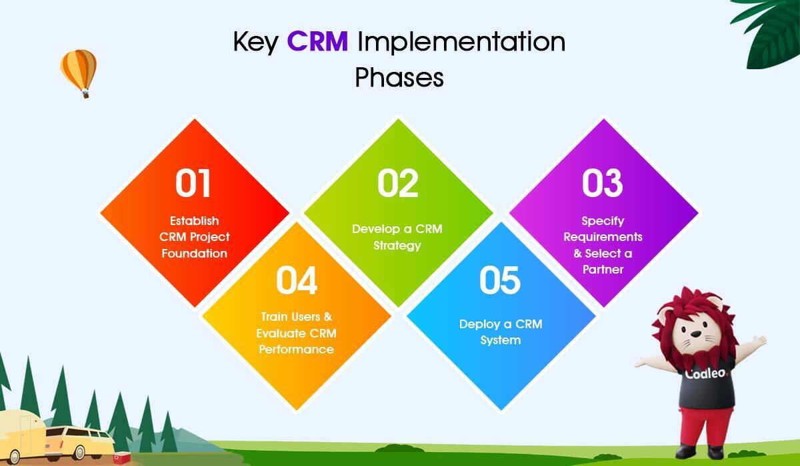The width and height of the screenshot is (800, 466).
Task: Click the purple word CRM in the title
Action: pos(317,41)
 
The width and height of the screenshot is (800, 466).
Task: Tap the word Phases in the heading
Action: pos(399,77)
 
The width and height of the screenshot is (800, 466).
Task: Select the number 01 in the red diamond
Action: pos(193,183)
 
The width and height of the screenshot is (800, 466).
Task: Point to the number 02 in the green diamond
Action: pos(398,183)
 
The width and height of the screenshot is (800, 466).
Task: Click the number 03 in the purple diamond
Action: pos(603,183)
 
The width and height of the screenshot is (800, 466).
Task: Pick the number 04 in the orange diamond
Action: pos(297,280)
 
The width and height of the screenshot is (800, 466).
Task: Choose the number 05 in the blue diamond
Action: pos(500,280)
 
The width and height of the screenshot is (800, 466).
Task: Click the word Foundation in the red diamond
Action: pos(194,254)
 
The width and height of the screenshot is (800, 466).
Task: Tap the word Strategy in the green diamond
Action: pos(397,246)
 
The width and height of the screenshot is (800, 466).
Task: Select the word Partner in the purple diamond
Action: pos(603,270)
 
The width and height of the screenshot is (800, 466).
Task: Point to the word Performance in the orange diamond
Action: pos(297,349)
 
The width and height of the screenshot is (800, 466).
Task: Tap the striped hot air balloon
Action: pos(79,73)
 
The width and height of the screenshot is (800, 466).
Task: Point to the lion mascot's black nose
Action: pos(695,334)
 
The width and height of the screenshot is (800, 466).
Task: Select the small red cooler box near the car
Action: pos(122,457)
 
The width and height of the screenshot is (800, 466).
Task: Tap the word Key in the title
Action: pos(256,43)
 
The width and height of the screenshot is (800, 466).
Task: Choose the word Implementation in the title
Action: pos(461,43)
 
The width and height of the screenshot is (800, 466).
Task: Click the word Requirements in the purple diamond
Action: pos(603,237)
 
